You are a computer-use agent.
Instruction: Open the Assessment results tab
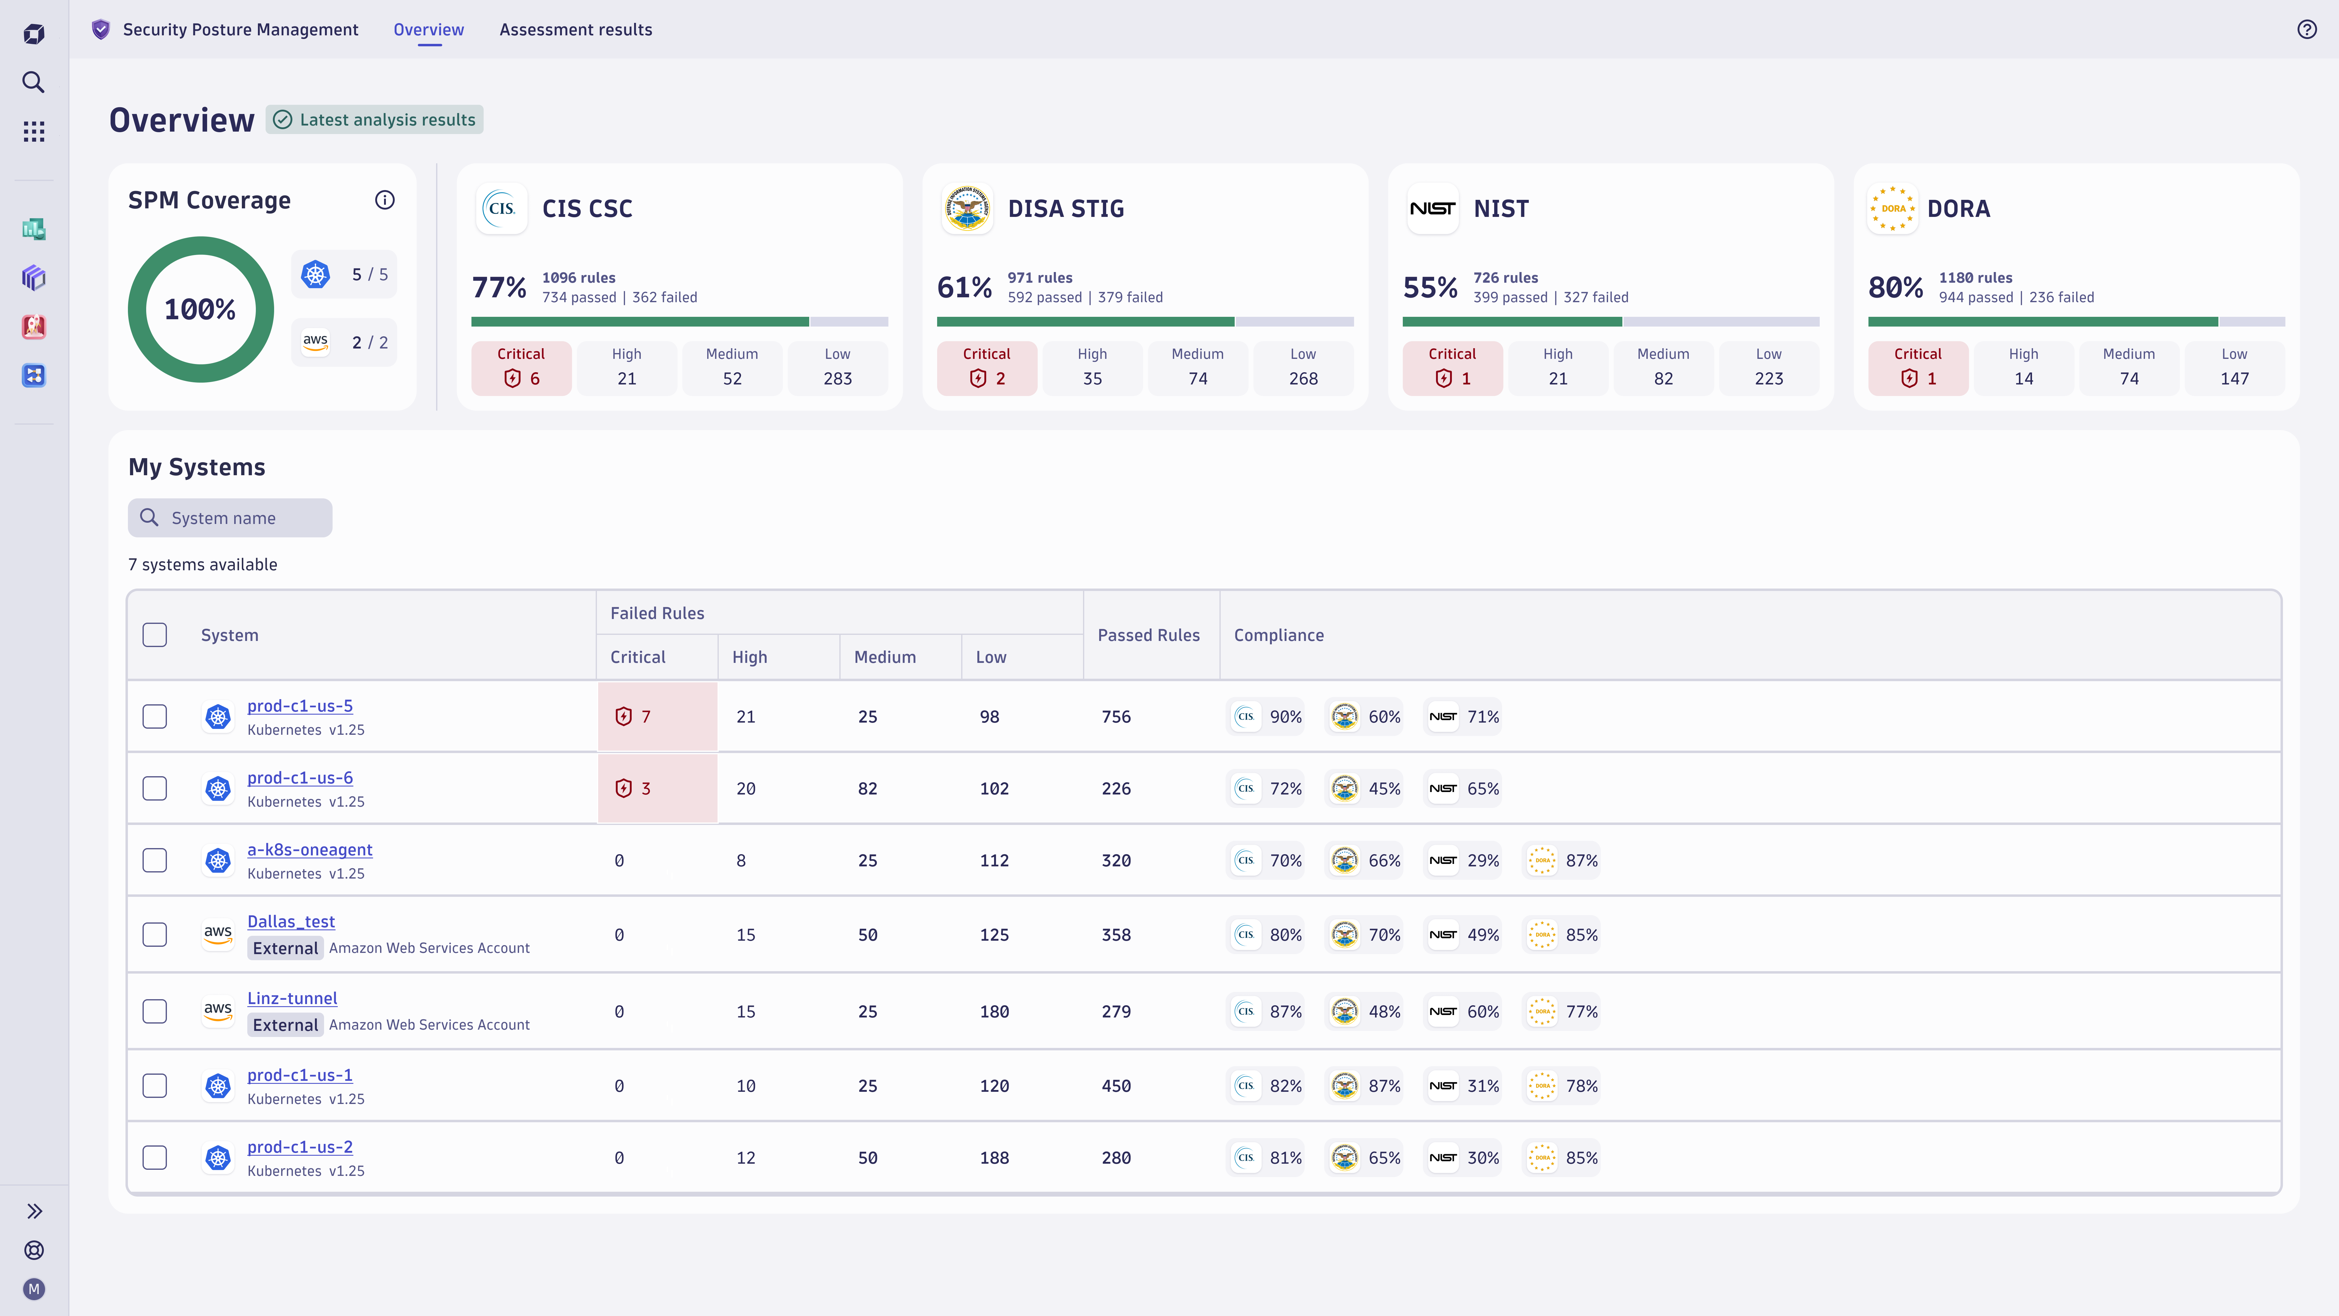tap(576, 30)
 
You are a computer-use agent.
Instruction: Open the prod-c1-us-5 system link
tap(300, 706)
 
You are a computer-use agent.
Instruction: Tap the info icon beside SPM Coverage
tap(385, 200)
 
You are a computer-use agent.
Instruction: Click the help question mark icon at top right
tap(2306, 30)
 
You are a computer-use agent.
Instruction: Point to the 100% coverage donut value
tap(200, 310)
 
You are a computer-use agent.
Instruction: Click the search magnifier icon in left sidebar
tap(34, 83)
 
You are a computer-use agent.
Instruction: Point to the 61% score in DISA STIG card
tap(964, 287)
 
